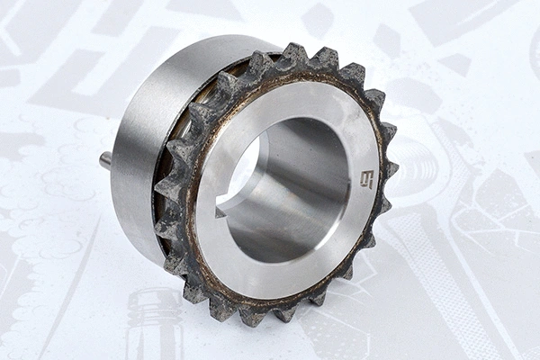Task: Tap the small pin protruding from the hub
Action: (x=105, y=160)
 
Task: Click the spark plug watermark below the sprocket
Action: (x=153, y=324)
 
